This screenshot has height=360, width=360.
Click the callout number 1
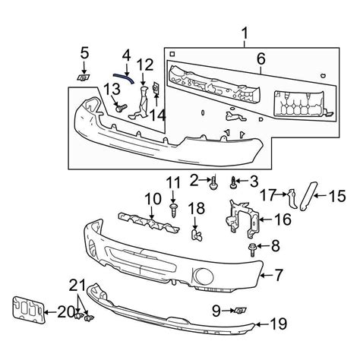[245, 33]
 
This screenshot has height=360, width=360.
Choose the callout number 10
[153, 199]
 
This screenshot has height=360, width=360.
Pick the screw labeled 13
[119, 109]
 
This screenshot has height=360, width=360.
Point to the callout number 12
[146, 64]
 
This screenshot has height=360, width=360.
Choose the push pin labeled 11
[175, 208]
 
